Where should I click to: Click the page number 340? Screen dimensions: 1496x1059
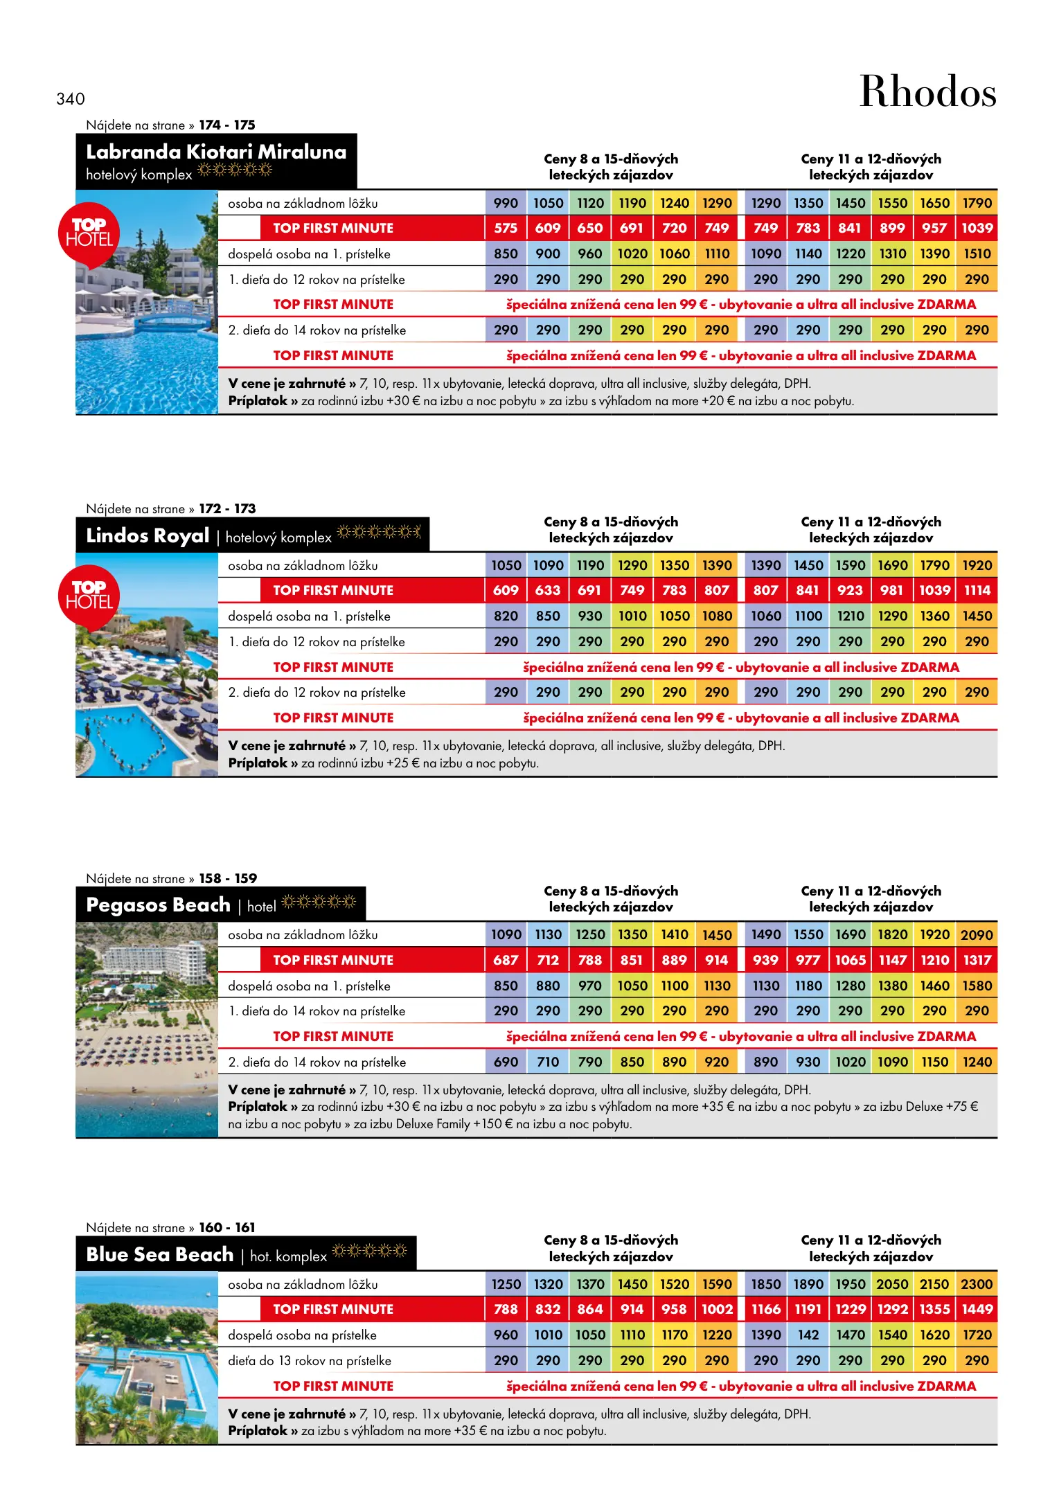(x=71, y=99)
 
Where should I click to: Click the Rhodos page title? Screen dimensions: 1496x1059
(x=927, y=91)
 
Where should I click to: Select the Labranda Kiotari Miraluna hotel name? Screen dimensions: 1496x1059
(x=216, y=152)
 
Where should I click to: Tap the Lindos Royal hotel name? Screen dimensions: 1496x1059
(x=148, y=535)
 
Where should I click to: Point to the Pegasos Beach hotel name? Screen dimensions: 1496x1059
(x=158, y=905)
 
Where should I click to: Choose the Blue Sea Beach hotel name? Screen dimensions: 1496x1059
(x=160, y=1254)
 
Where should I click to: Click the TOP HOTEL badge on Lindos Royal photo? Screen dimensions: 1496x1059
(x=89, y=596)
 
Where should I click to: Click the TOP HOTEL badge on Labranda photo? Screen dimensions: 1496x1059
(x=89, y=233)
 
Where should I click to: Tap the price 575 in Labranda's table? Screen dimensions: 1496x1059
(x=506, y=228)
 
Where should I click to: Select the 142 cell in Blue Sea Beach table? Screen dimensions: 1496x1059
(x=808, y=1335)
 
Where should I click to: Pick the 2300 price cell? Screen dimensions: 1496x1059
(x=977, y=1284)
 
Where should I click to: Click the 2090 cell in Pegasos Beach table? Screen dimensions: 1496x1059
(x=977, y=935)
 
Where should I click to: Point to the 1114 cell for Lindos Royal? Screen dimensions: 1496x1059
(x=977, y=590)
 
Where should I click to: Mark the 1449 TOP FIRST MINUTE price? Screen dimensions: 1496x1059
(x=977, y=1309)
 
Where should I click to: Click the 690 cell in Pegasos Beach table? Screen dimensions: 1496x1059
(x=506, y=1062)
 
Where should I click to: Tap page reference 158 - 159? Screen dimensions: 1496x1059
(x=228, y=878)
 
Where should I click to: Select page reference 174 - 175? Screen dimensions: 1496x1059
(x=227, y=125)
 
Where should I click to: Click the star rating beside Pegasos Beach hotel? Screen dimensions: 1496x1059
(x=319, y=902)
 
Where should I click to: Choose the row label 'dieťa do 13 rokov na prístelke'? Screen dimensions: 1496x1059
(x=310, y=1360)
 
